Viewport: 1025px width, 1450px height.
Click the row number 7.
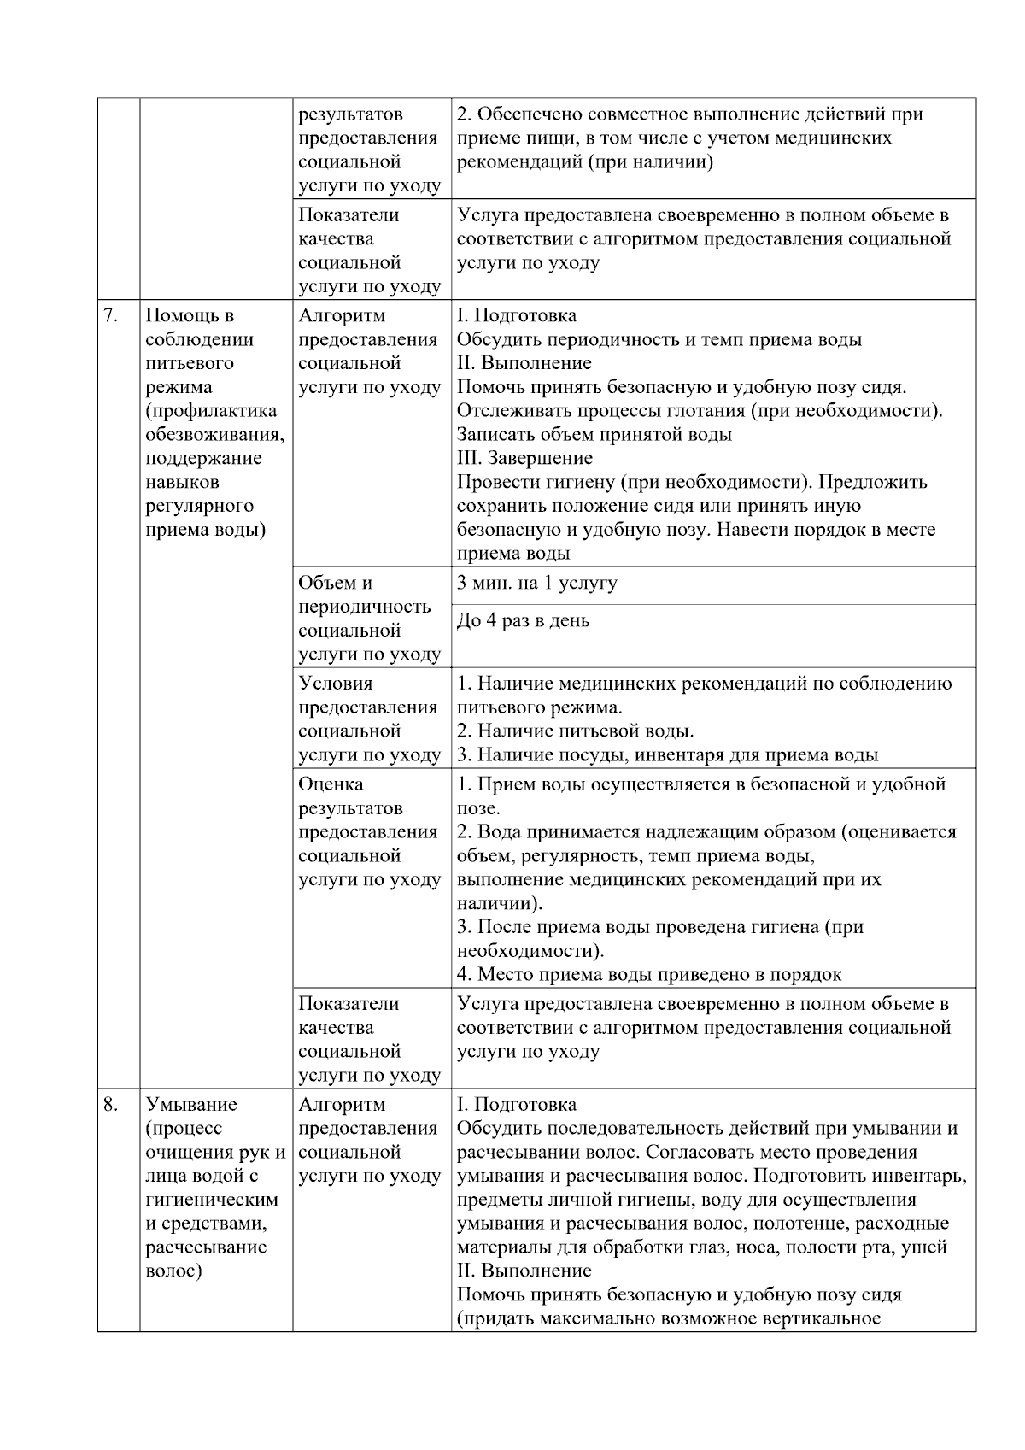110,315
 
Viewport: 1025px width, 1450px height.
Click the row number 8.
110,1104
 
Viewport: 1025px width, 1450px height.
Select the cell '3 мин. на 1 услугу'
536,583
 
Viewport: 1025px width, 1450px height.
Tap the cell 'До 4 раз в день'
523,620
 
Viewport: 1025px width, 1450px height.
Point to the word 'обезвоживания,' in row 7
215,434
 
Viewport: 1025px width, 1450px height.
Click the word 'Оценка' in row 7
331,784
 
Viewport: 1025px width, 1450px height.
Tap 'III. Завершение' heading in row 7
524,458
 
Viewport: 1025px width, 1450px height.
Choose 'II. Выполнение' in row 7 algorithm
524,362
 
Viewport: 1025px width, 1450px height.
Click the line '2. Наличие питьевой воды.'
575,731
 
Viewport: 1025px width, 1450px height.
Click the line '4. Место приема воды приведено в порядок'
648,974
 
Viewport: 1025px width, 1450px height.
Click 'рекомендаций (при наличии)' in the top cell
584,161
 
